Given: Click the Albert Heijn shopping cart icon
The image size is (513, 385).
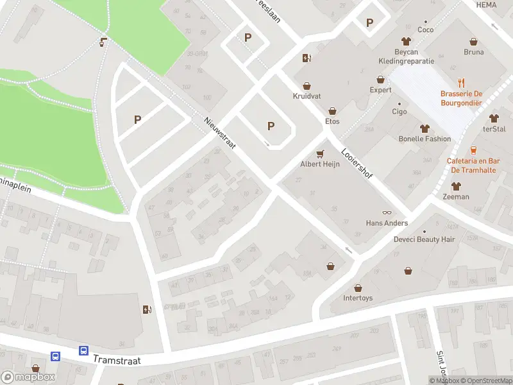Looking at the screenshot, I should (x=321, y=153).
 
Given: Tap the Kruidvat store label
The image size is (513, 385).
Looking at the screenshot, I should (x=307, y=96).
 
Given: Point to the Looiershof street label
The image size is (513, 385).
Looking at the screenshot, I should (x=357, y=164).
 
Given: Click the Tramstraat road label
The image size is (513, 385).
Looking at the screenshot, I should (x=117, y=360).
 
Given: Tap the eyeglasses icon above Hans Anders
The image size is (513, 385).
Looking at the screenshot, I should (x=387, y=212).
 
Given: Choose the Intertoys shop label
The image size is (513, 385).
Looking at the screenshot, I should (x=358, y=298).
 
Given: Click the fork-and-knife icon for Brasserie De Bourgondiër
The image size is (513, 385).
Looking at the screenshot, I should (x=461, y=83).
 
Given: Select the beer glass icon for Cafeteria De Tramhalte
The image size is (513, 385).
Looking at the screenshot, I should (x=474, y=150).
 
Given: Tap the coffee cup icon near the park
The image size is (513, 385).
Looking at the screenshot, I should (x=103, y=42).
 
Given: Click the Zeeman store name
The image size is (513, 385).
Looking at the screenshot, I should (x=456, y=196).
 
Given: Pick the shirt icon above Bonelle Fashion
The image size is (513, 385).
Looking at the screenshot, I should (x=425, y=128).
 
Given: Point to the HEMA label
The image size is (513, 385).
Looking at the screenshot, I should (x=487, y=4).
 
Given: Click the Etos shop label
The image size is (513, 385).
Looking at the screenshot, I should (x=332, y=121).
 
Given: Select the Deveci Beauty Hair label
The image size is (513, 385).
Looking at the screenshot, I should (x=424, y=239).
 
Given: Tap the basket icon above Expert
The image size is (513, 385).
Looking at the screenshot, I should (x=381, y=80).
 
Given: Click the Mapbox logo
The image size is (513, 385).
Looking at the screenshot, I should (x=28, y=377).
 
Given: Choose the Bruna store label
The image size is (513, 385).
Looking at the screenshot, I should (x=473, y=52).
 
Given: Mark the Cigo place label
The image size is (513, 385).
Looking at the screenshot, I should (x=399, y=112).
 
